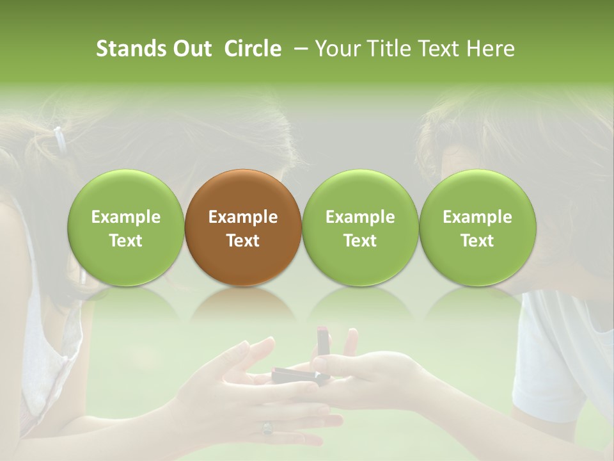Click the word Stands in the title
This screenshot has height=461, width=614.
(132, 49)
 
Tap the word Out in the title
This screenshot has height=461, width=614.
(190, 49)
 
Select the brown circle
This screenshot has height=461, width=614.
(243, 227)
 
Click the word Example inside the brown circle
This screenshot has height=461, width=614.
(243, 217)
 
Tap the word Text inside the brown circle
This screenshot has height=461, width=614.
(243, 241)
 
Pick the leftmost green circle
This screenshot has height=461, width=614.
(125, 227)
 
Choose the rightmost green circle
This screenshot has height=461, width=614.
(477, 227)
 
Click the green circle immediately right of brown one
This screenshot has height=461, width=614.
(360, 227)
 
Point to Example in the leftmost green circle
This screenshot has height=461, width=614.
(125, 217)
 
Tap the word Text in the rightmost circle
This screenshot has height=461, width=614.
(477, 241)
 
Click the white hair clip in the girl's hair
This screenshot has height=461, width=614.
(59, 138)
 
